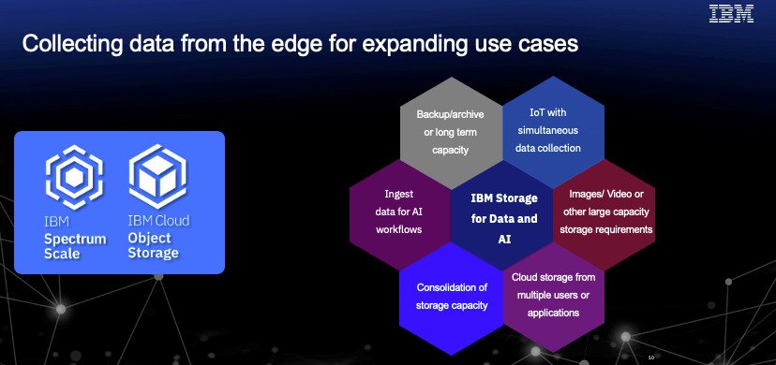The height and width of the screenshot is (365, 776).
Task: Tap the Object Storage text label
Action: [x=154, y=246]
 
